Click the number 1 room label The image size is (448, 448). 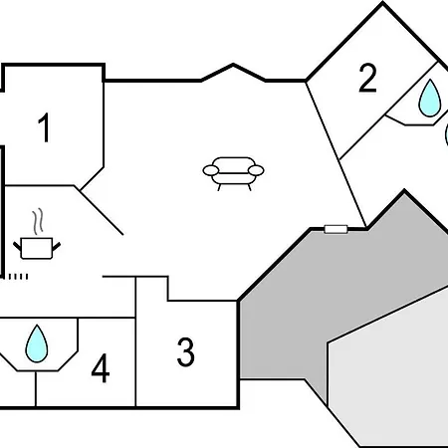pos(44,128)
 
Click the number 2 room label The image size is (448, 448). pos(368,79)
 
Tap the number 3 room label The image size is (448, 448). pos(186,351)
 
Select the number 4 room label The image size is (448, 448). pos(100,369)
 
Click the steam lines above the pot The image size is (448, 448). pos(39,218)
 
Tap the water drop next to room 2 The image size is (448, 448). pos(429,98)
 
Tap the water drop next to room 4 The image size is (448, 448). pos(37,343)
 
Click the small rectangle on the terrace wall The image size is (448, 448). pos(336,229)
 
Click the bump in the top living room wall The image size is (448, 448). pos(234,69)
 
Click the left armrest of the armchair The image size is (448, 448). pos(211,171)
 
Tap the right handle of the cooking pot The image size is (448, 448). pos(58,243)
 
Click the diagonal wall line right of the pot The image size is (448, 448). pos(100,209)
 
